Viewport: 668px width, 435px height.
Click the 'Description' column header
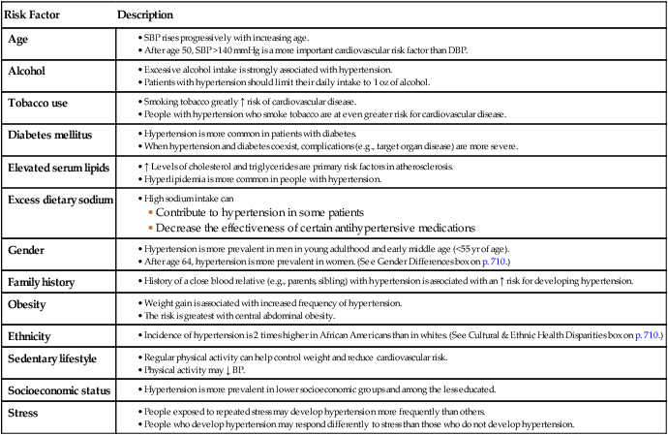(x=145, y=16)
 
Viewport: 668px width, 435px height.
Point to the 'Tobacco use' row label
(x=38, y=103)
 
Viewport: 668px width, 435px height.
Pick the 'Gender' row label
(x=26, y=249)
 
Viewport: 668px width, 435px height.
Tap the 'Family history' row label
(x=45, y=281)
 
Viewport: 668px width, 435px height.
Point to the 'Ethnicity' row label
(x=32, y=335)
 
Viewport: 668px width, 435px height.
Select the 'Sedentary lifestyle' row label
(x=55, y=358)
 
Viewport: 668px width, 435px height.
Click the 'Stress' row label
(x=23, y=414)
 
